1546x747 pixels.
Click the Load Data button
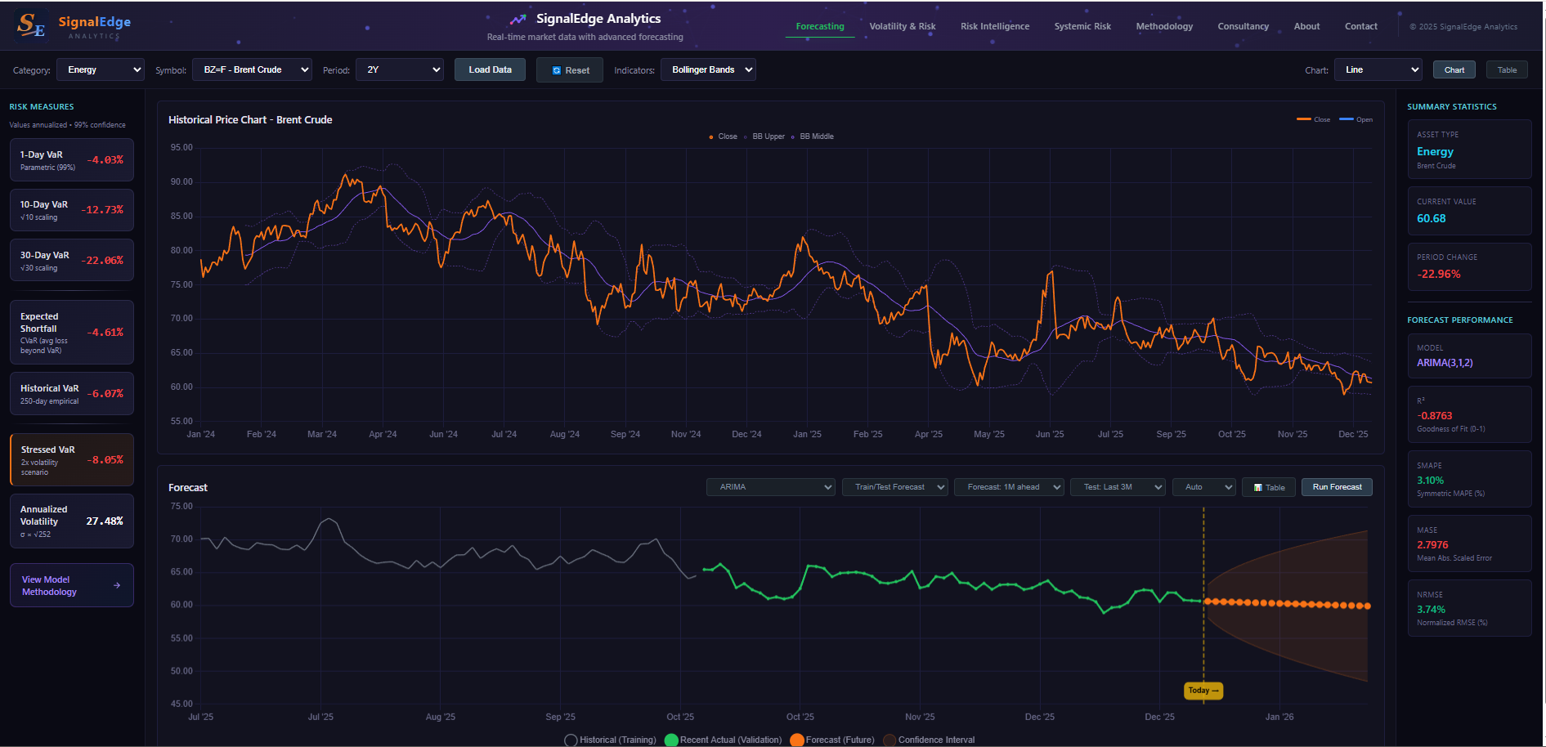[x=490, y=70]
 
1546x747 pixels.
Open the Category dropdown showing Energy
[x=100, y=70]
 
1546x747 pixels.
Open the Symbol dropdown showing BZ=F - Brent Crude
[x=252, y=70]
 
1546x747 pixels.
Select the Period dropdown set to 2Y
[x=399, y=70]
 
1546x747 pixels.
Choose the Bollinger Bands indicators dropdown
[x=708, y=70]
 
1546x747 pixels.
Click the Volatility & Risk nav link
[x=902, y=27]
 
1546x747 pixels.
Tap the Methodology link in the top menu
[x=1164, y=27]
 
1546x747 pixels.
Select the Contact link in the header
[x=1360, y=27]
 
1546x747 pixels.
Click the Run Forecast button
[x=1337, y=487]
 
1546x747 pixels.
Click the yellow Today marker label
[x=1203, y=691]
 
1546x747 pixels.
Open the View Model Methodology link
[x=71, y=585]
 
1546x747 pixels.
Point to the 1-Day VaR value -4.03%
[x=105, y=160]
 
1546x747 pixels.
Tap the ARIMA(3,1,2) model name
[x=1444, y=363]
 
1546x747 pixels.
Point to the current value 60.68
[x=1431, y=219]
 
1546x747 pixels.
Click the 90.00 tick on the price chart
[x=181, y=182]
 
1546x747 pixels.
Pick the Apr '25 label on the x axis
[x=928, y=434]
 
